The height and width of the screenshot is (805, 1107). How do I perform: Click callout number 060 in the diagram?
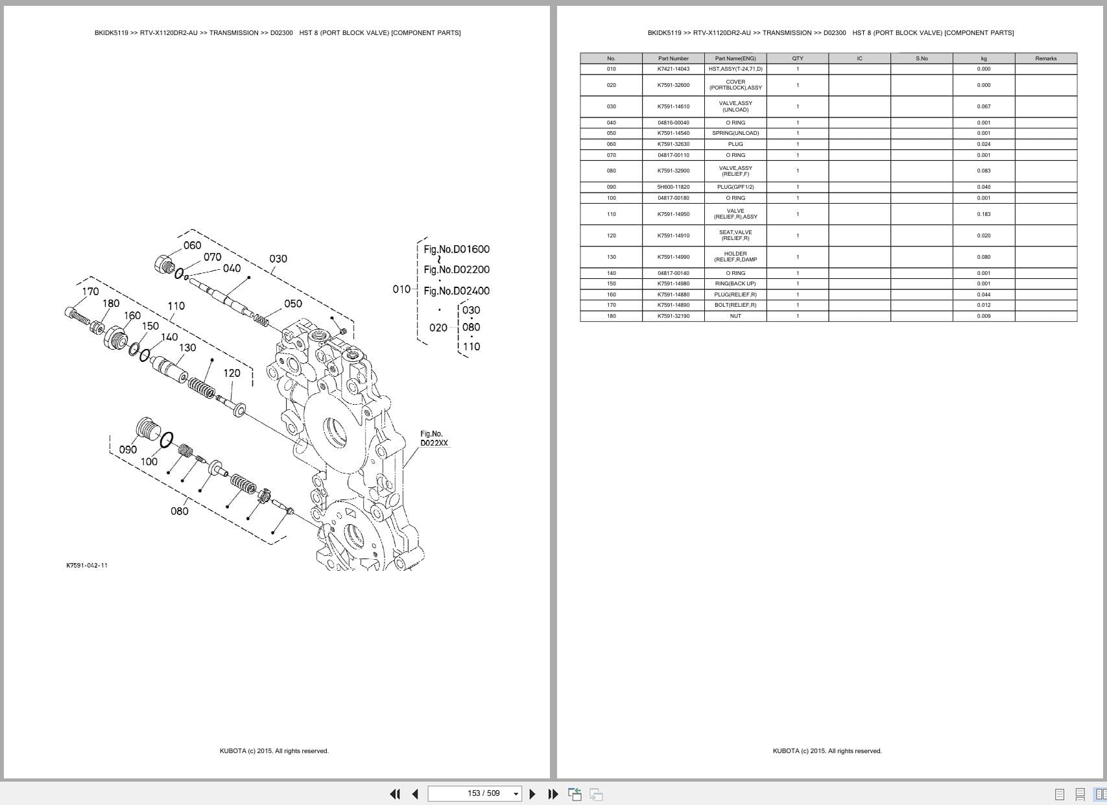[192, 245]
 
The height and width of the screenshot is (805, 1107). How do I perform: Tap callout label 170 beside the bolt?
[90, 291]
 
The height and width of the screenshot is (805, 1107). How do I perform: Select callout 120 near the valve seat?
[232, 373]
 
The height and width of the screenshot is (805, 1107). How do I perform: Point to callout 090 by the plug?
[128, 450]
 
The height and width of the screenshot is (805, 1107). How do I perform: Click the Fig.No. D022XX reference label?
[433, 439]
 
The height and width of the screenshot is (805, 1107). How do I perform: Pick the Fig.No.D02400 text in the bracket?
[456, 291]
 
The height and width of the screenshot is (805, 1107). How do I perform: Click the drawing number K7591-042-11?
[87, 565]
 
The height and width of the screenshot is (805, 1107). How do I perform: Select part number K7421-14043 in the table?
[673, 69]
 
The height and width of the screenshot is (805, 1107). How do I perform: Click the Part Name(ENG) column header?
[735, 58]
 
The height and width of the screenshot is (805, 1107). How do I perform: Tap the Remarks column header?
[1045, 58]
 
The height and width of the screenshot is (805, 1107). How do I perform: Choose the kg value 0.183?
[983, 214]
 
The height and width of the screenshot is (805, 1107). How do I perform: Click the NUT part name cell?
[735, 316]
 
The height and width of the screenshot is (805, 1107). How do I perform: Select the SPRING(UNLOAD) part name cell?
[735, 133]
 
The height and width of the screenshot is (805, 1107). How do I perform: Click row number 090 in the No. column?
[611, 187]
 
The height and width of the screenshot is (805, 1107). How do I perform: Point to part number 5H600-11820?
[673, 187]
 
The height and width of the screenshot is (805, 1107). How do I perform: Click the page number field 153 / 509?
[483, 793]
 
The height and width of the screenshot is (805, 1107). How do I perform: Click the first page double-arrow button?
[394, 794]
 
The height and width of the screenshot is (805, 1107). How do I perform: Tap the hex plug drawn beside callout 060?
[163, 264]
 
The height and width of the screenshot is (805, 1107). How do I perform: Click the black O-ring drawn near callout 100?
[165, 440]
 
